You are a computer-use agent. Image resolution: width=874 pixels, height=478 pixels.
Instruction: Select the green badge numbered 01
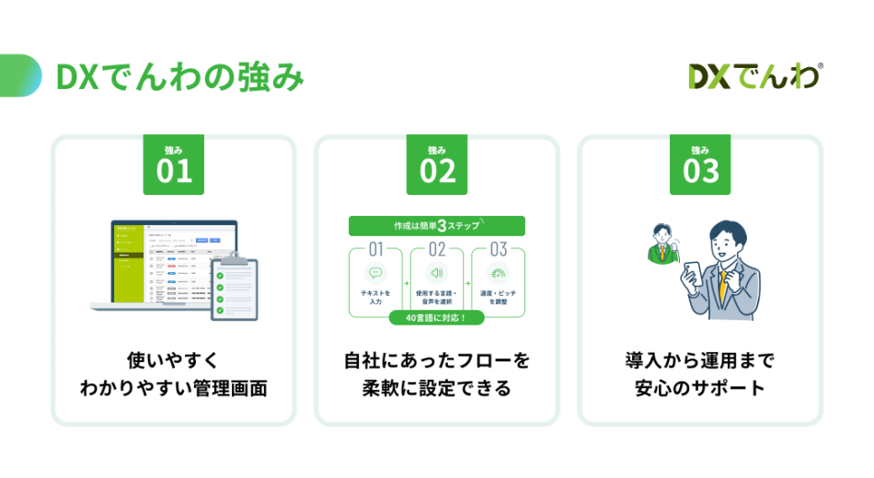coord(174,165)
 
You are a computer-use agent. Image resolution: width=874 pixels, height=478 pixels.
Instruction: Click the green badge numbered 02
coord(437,165)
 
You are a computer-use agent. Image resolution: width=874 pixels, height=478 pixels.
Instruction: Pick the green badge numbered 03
coord(700,165)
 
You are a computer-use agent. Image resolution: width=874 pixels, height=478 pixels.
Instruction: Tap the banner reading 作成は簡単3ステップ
coord(436,226)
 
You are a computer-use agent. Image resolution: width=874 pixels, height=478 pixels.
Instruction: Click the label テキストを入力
coord(375,297)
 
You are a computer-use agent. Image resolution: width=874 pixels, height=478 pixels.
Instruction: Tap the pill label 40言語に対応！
coord(436,318)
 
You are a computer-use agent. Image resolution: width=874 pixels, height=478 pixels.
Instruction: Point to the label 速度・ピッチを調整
coord(499,297)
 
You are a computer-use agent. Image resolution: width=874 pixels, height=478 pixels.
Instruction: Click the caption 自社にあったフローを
coord(437,359)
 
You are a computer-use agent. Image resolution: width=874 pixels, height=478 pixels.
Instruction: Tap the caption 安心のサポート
coord(700,388)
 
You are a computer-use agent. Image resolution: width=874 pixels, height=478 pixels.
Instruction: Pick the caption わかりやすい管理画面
coord(174,388)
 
